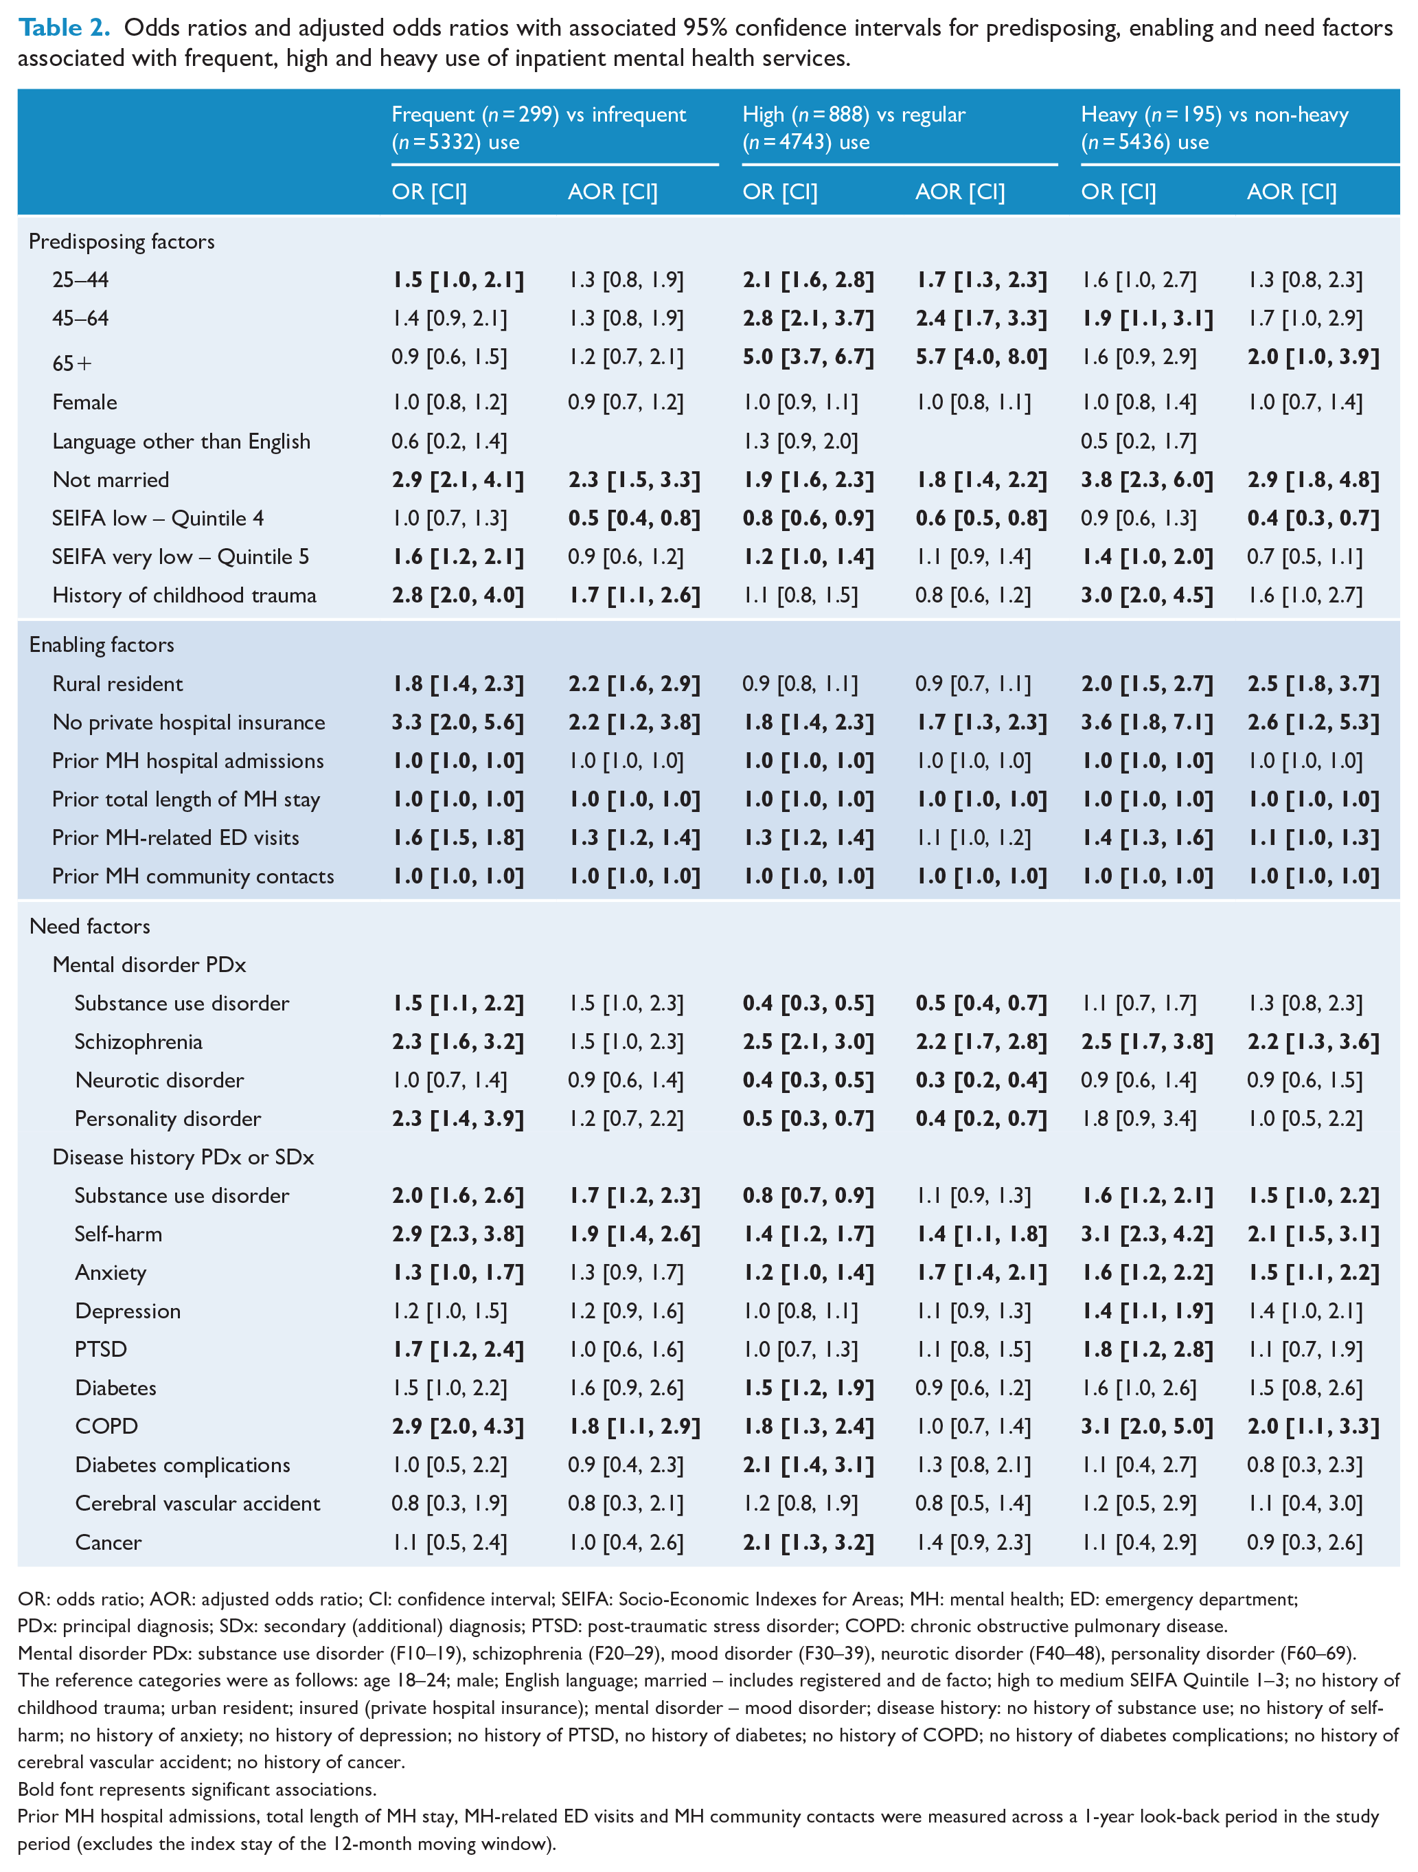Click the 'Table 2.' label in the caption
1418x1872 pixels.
[x=65, y=28]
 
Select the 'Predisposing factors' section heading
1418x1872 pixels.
[x=122, y=242]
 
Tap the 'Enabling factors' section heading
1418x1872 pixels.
[x=102, y=645]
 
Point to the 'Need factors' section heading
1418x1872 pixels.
[x=90, y=927]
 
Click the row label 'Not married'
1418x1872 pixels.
[x=111, y=480]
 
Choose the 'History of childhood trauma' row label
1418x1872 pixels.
[x=185, y=595]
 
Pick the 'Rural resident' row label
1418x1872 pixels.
[x=117, y=684]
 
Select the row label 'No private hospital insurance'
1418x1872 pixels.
[x=189, y=723]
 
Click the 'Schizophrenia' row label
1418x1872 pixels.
[x=139, y=1041]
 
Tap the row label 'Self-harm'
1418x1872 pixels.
[x=118, y=1234]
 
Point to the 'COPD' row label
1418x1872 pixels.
[x=106, y=1426]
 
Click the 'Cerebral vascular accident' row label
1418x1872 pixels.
[x=198, y=1503]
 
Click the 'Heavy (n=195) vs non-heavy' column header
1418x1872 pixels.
[x=1215, y=115]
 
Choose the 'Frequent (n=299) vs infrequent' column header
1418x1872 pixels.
[x=539, y=115]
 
